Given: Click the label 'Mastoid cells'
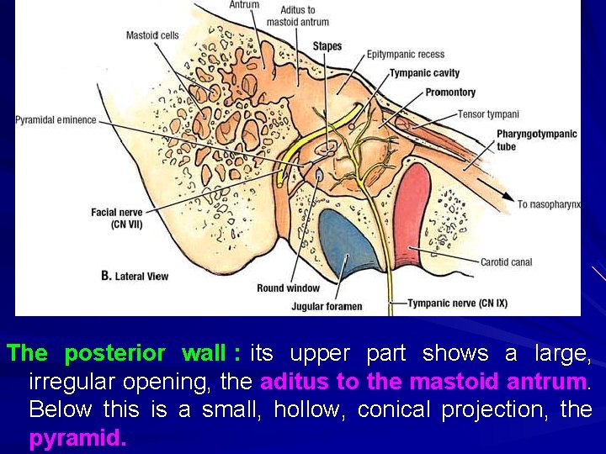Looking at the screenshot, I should (x=152, y=35).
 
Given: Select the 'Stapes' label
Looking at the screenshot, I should (x=327, y=45).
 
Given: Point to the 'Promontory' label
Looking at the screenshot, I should (x=450, y=92).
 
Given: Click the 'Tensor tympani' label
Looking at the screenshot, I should (x=488, y=114).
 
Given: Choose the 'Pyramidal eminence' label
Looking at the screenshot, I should (x=56, y=120).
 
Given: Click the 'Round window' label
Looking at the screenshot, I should (x=288, y=288).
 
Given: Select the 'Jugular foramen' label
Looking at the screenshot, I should (x=327, y=306).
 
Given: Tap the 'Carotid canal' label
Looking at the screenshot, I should (x=506, y=262).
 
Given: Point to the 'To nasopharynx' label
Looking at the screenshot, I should (x=549, y=204).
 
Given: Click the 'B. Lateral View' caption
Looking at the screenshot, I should (x=135, y=276).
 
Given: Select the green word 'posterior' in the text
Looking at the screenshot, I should (x=114, y=353).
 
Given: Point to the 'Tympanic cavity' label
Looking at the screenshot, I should (x=424, y=73).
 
